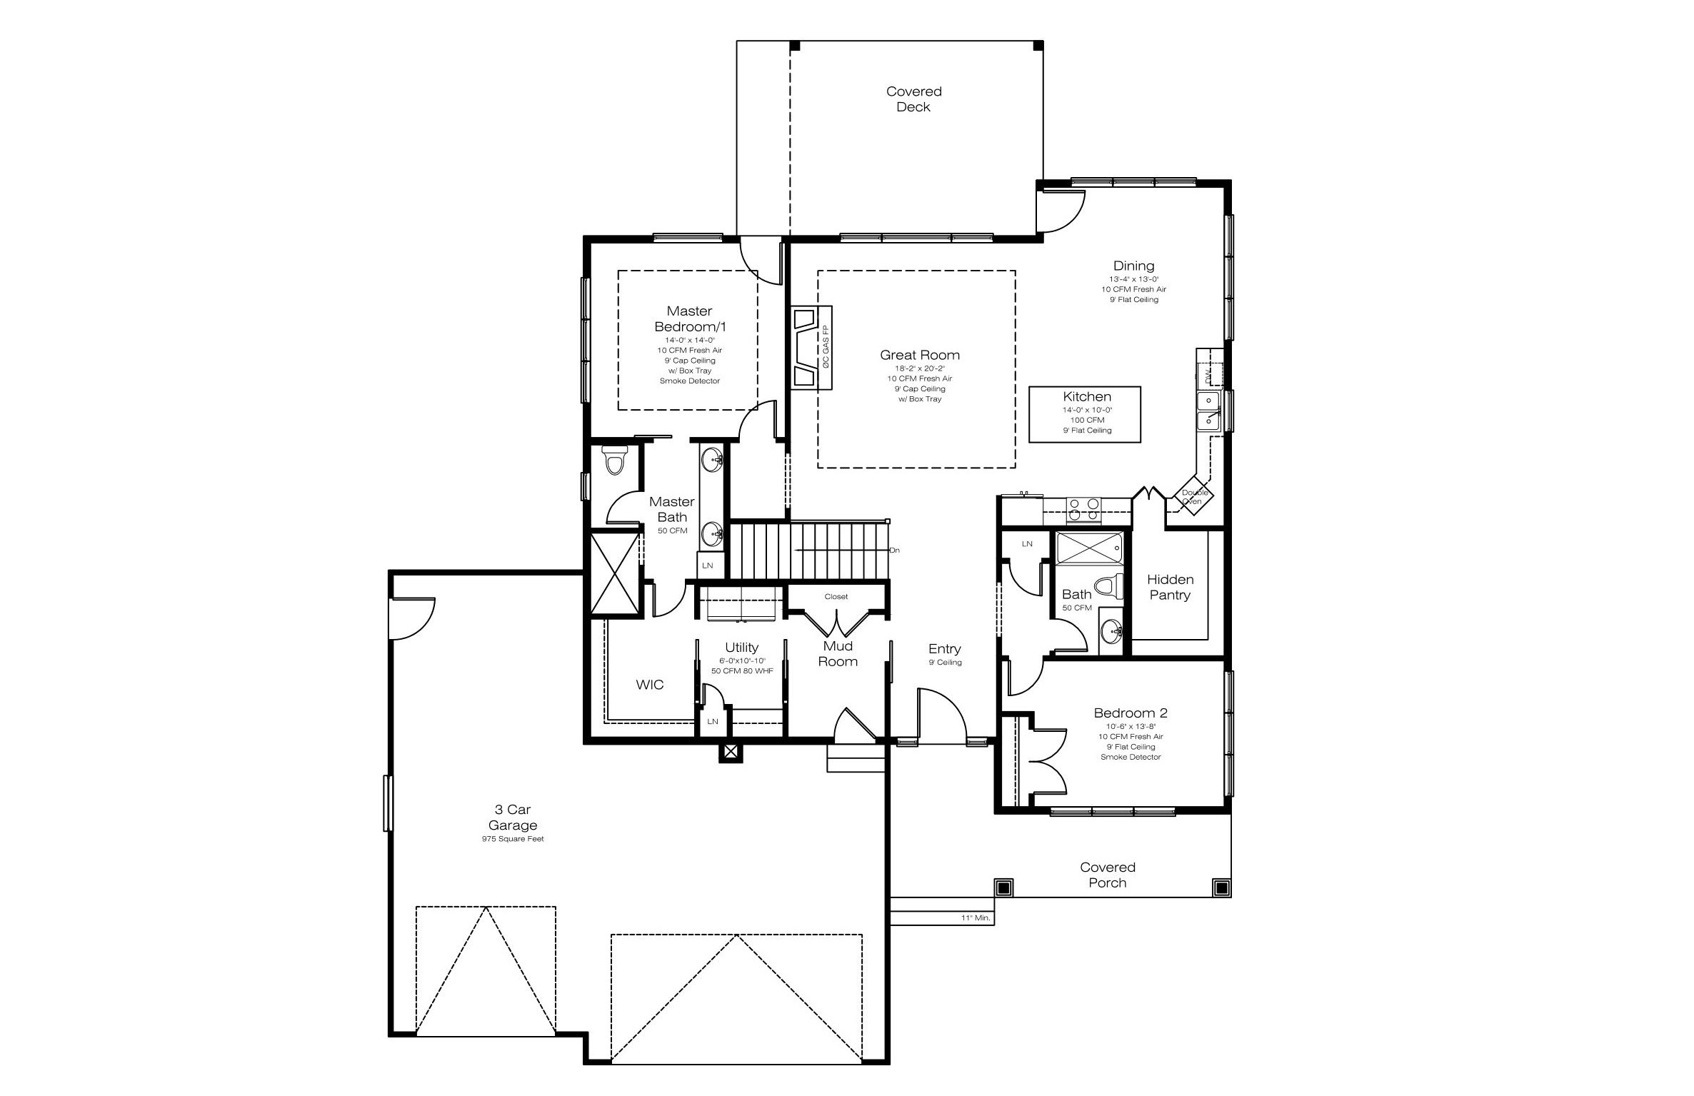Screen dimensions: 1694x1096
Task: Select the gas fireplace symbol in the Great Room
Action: [x=811, y=348]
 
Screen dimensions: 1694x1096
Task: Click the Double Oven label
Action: [x=1195, y=497]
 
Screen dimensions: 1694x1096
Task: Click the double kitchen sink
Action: [x=1208, y=411]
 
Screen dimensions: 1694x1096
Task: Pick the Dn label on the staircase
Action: [x=894, y=550]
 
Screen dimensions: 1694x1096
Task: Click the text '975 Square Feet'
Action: [x=513, y=839]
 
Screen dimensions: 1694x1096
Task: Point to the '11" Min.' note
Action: [x=976, y=918]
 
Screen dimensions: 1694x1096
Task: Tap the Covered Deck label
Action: [x=913, y=99]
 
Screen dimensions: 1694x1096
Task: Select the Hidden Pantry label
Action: [x=1170, y=587]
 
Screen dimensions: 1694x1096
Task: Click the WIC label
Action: [x=650, y=685]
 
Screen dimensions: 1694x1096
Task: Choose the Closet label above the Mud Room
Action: [x=836, y=597]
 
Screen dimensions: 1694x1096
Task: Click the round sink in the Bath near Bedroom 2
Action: [x=1111, y=631]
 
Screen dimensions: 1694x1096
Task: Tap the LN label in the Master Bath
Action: [x=708, y=565]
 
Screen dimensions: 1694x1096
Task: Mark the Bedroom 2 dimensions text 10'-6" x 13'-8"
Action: [x=1131, y=726]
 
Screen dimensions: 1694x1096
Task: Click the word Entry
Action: [x=944, y=648]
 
